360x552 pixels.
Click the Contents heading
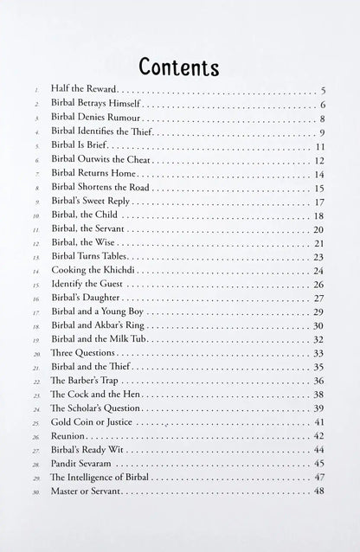click(x=179, y=67)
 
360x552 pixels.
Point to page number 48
click(x=318, y=491)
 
